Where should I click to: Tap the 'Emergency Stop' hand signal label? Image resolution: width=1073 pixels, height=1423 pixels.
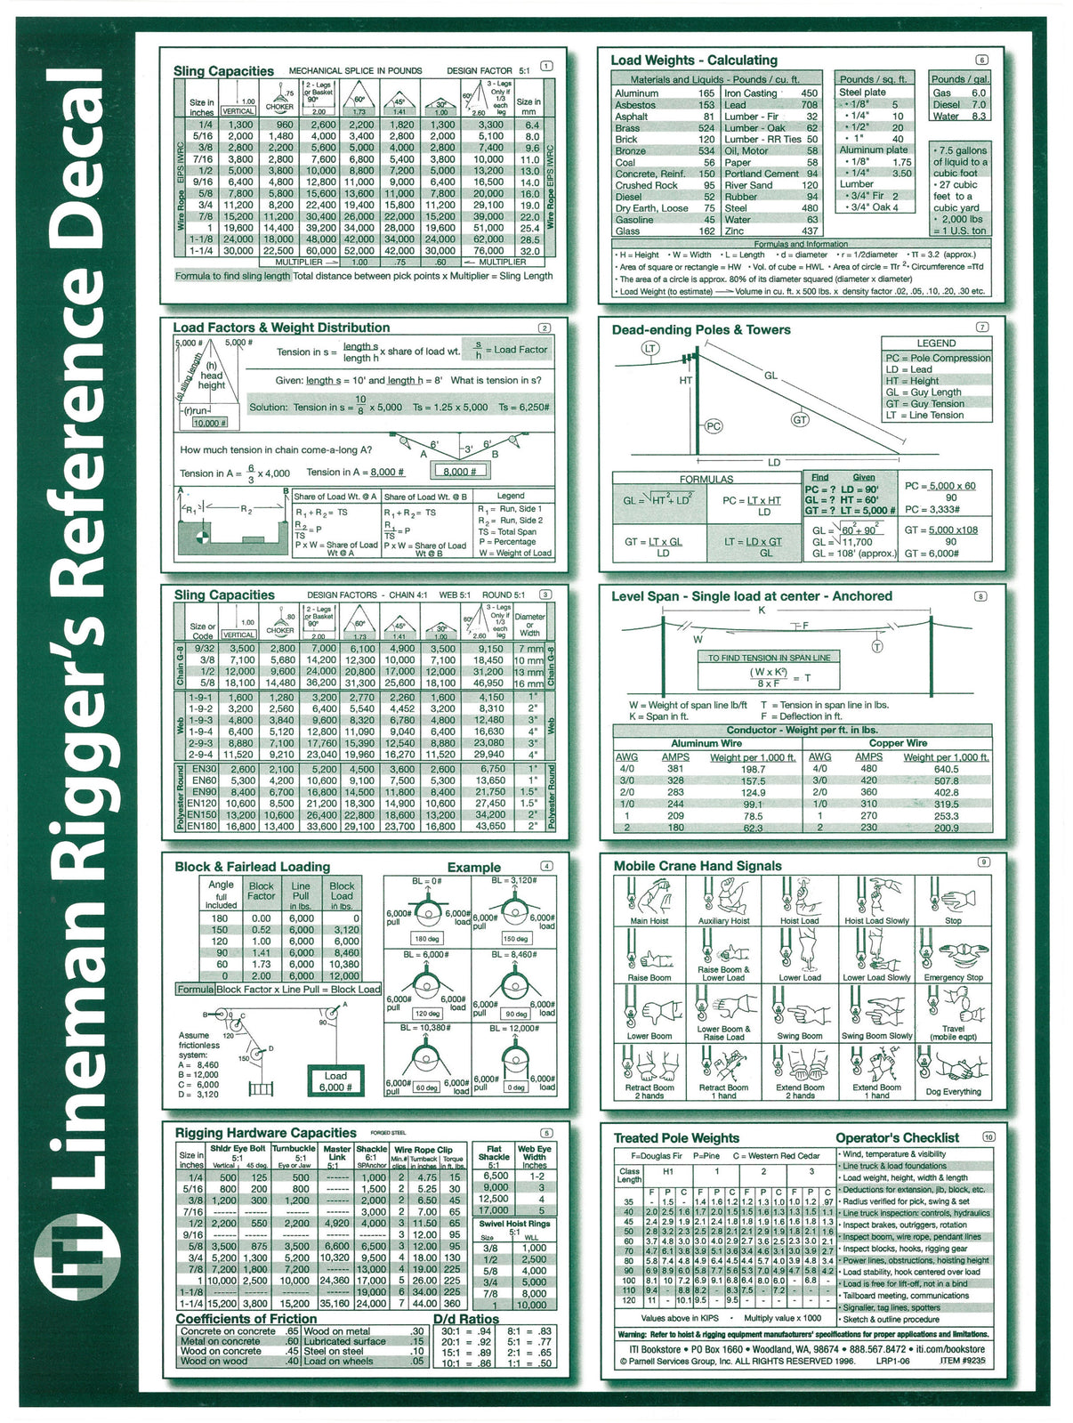click(953, 977)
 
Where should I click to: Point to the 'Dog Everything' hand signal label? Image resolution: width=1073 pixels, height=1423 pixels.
click(953, 1092)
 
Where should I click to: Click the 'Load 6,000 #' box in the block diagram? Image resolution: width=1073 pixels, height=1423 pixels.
click(335, 1081)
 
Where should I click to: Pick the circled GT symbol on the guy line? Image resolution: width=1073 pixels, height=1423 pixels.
click(800, 419)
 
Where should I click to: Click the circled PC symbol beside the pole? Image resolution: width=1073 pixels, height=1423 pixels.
click(713, 426)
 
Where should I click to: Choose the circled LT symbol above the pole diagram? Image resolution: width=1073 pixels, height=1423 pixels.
click(650, 348)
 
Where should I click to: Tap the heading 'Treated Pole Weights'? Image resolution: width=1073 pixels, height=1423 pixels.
click(676, 1137)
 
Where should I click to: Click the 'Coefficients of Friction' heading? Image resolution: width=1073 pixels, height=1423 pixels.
click(246, 1319)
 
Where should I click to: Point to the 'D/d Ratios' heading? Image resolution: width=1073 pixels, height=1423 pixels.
click(465, 1319)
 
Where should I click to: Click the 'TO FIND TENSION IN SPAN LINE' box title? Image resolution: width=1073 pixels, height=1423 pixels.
click(769, 658)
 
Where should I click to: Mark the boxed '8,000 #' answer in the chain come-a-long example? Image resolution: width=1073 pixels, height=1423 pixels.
click(459, 471)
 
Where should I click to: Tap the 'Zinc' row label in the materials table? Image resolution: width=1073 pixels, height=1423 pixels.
click(734, 231)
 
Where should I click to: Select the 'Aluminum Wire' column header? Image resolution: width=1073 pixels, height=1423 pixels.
click(706, 743)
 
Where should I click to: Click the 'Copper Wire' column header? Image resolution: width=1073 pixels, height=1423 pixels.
click(898, 743)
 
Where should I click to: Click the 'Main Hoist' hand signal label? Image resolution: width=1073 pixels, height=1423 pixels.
click(649, 921)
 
